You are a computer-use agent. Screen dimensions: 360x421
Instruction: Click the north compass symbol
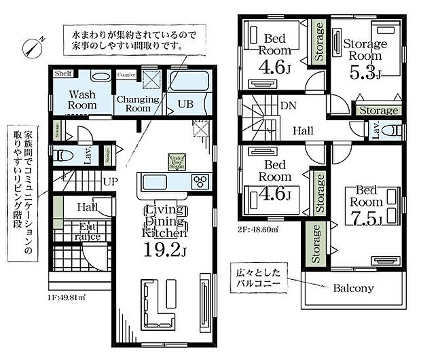click(33, 46)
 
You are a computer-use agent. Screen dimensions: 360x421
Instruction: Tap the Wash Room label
click(82, 100)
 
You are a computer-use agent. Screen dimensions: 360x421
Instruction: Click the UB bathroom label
click(185, 104)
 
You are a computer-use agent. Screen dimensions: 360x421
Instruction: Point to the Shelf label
click(64, 74)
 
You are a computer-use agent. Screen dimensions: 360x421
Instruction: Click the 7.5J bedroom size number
click(367, 217)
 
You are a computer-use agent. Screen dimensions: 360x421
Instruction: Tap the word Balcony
click(353, 288)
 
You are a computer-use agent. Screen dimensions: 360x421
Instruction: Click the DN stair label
click(288, 107)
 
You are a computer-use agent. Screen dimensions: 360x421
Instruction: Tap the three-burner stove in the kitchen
click(202, 181)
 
